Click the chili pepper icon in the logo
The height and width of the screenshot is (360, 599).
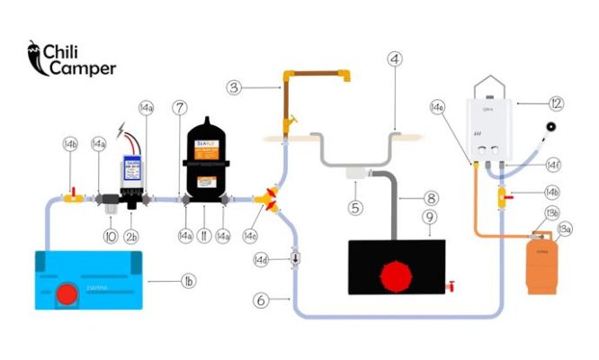34,57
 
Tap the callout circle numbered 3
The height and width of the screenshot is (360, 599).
234,87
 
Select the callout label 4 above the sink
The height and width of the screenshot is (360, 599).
394,60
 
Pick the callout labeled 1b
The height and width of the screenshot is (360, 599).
189,282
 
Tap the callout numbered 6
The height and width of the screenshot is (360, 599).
261,301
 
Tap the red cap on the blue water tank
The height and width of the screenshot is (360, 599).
66,294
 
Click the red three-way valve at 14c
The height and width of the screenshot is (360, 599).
269,197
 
